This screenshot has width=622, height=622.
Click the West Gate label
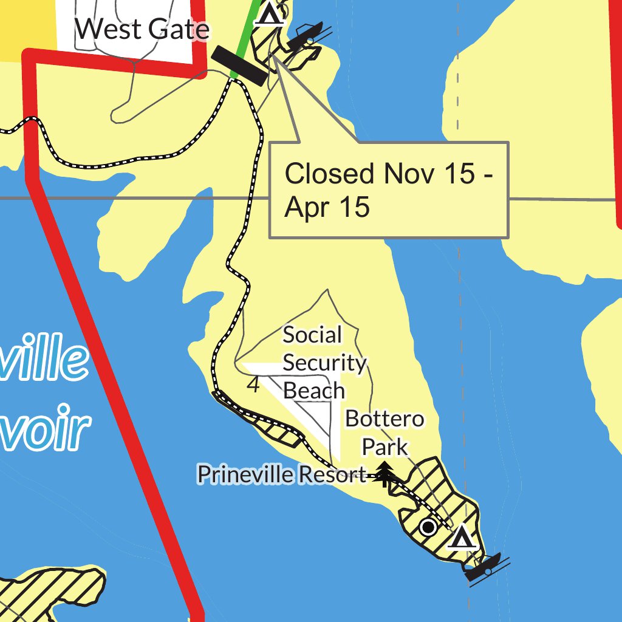pos(143,29)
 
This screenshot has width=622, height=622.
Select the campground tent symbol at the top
pos(270,13)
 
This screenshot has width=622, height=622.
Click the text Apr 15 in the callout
pos(327,207)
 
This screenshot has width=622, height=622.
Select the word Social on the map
pos(312,335)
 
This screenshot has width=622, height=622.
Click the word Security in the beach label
pos(324,363)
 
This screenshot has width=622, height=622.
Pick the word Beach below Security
pos(314,391)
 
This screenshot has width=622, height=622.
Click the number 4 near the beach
pos(254,384)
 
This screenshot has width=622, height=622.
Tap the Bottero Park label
pos(384,432)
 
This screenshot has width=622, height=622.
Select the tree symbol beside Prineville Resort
pos(384,474)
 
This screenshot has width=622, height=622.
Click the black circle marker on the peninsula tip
pos(429,527)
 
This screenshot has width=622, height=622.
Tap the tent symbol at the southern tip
pos(462,537)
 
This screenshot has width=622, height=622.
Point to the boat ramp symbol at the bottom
pos(484,567)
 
